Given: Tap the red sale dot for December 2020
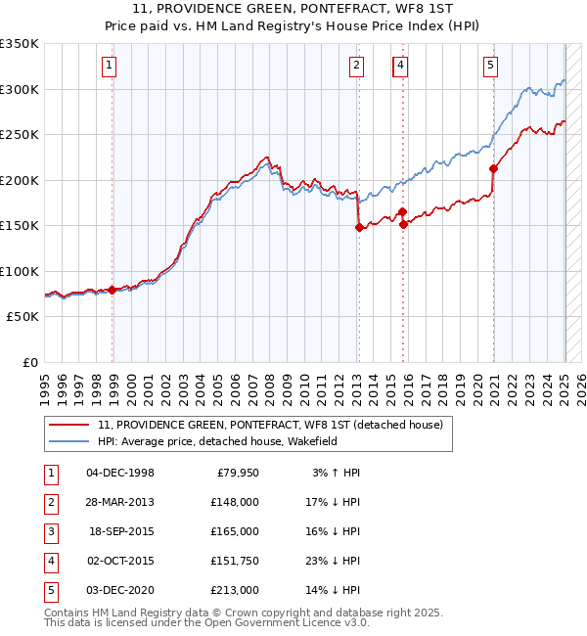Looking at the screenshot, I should tap(493, 168).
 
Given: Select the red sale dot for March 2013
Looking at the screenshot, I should tap(358, 228).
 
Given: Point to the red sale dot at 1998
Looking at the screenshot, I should tap(113, 290).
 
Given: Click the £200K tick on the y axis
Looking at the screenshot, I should tap(19, 180).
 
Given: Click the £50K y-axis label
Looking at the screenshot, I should tap(22, 317).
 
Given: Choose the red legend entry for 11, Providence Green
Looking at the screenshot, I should tap(270, 425).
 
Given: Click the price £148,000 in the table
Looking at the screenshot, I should tap(235, 502).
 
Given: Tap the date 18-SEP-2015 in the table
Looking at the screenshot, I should tap(120, 531).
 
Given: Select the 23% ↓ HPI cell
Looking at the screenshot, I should tap(333, 561).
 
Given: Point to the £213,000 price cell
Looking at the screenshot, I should tap(235, 590).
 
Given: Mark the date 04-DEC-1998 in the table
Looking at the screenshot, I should tap(120, 473).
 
